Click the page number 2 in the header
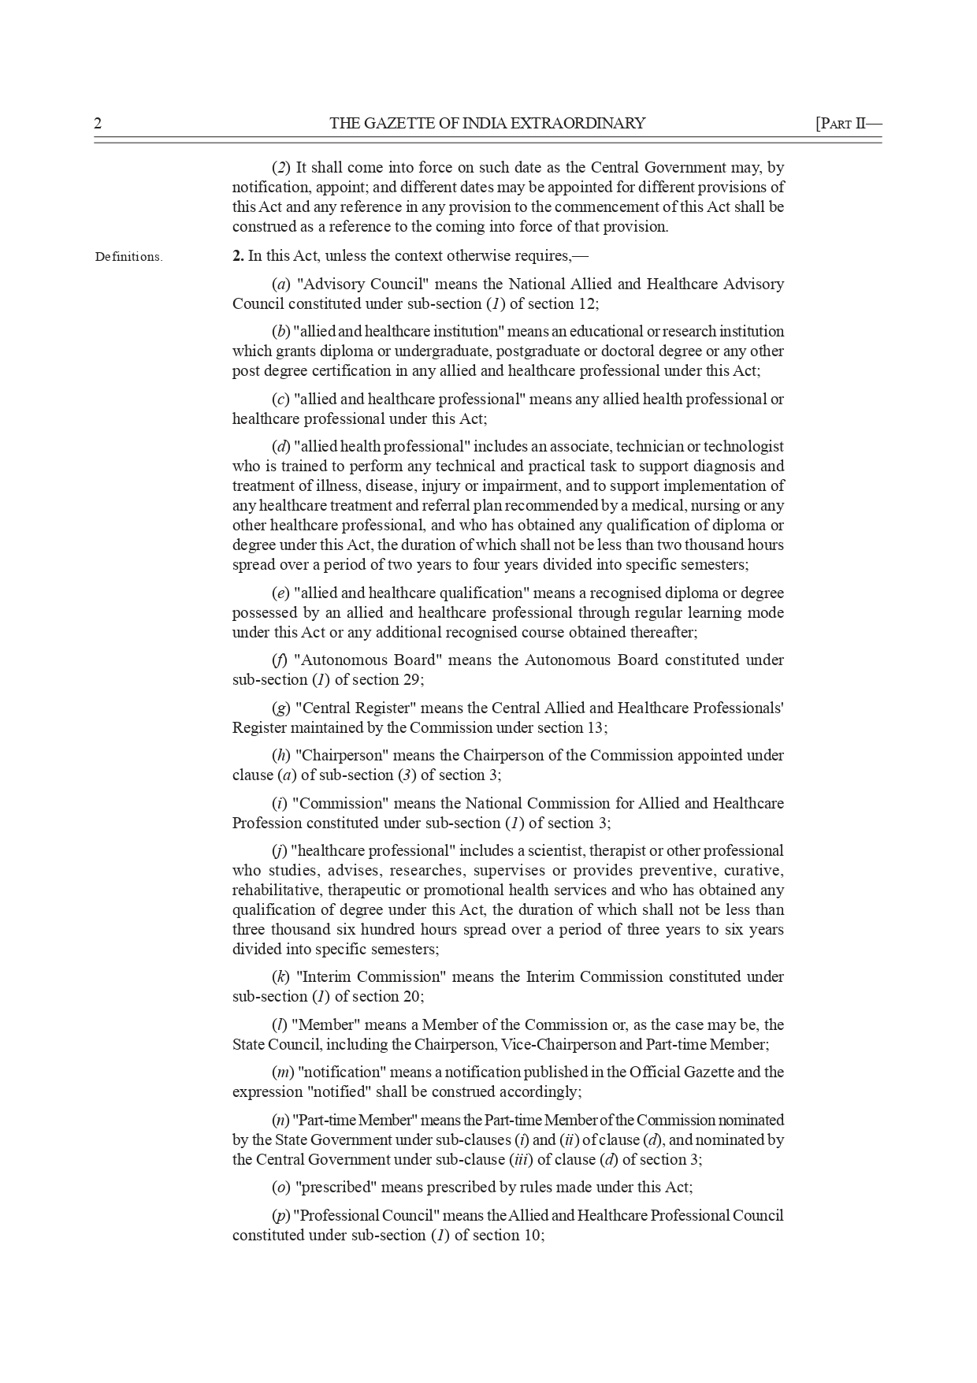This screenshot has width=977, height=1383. pyautogui.click(x=98, y=124)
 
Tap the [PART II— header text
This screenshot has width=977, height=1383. pyautogui.click(x=848, y=124)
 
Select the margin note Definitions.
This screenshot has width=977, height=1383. pyautogui.click(x=128, y=257)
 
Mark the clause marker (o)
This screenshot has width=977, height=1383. pyautogui.click(x=280, y=1188)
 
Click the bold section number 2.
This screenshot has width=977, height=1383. pyautogui.click(x=237, y=256)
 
